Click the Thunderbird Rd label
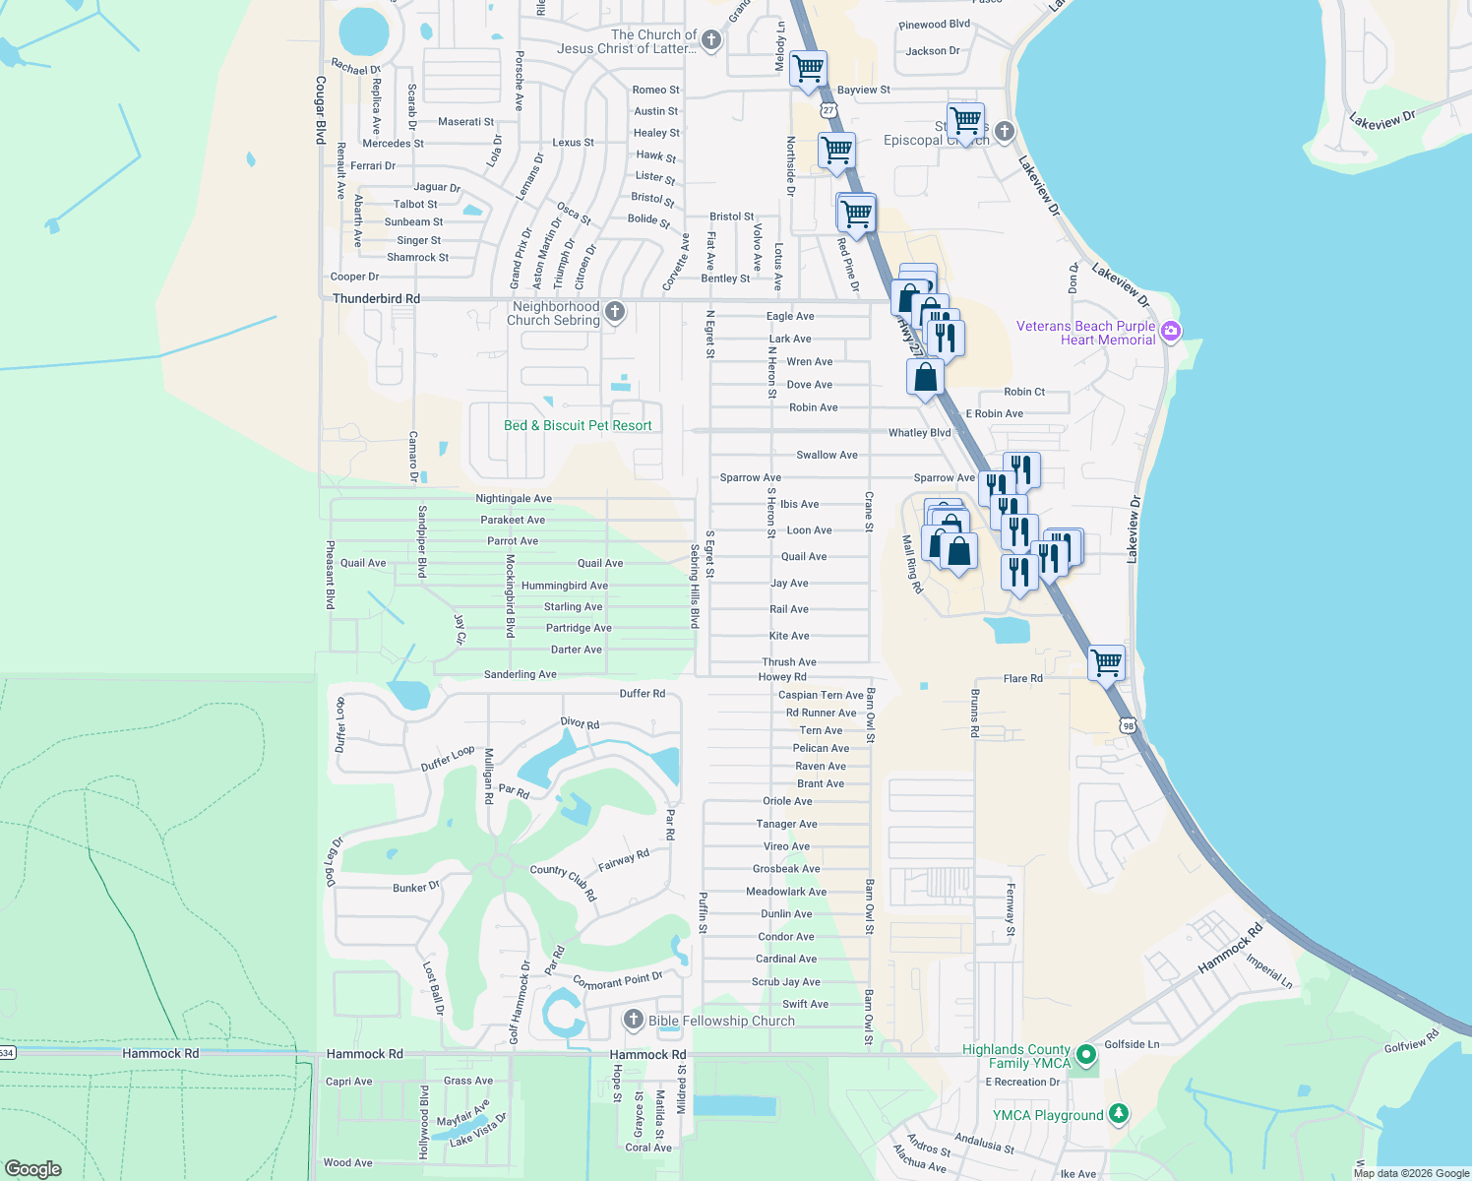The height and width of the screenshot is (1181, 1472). point(376,298)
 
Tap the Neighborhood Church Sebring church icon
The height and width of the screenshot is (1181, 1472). point(615,313)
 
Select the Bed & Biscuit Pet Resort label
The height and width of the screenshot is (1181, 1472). point(578,426)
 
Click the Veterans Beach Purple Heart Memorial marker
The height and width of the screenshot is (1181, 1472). point(1171,331)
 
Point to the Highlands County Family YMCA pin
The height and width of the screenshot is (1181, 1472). point(1086,1056)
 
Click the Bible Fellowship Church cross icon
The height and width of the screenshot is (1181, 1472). point(634,1020)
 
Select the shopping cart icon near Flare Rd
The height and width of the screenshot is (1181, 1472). point(1107,662)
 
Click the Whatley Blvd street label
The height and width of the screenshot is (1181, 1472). point(920,433)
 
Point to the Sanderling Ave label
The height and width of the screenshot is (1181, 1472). point(521,675)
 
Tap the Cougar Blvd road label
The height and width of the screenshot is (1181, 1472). point(321,110)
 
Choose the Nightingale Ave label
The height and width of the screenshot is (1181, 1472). point(514,499)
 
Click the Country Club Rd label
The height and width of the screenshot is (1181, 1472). point(564,882)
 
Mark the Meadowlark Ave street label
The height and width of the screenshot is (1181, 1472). point(786,892)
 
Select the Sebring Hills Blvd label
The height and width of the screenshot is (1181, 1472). point(695,587)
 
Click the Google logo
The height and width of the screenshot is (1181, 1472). point(33,1169)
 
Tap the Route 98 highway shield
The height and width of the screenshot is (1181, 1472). point(1128,725)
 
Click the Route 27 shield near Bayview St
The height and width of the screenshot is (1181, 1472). point(829,110)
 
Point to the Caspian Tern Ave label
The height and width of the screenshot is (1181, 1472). point(821,696)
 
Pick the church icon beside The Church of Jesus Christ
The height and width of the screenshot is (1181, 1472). point(711,40)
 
